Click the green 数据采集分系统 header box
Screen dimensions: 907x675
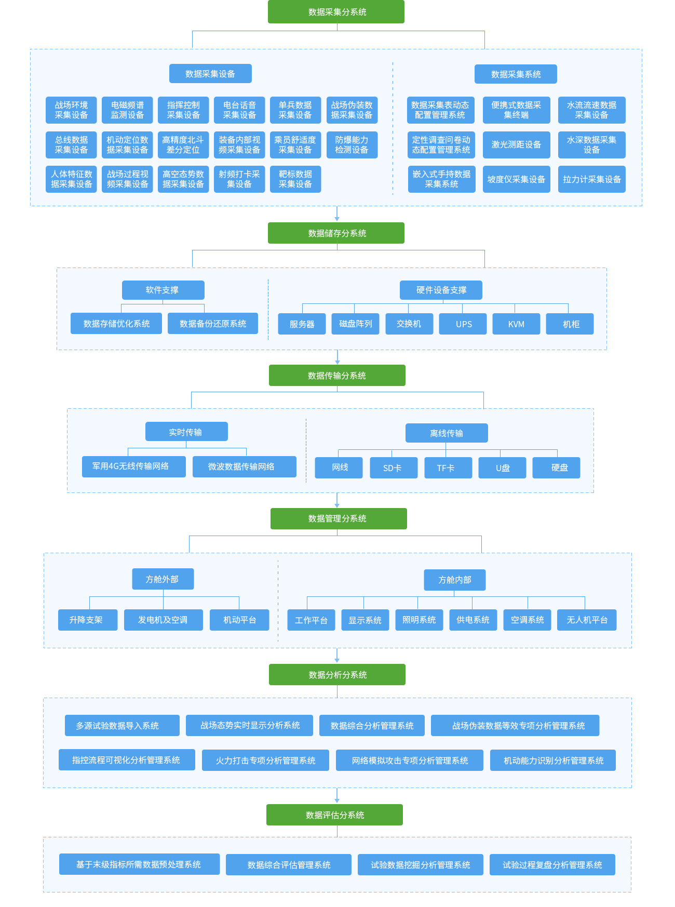click(x=336, y=12)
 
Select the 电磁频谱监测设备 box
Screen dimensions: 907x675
click(x=127, y=110)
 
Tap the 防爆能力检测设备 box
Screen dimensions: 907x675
click(x=352, y=145)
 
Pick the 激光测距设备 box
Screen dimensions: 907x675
click(x=516, y=145)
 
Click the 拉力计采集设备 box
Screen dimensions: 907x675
click(x=591, y=179)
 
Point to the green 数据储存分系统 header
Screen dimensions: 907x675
click(x=336, y=233)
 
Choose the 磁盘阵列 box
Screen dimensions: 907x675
click(x=355, y=324)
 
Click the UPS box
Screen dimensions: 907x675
click(x=463, y=324)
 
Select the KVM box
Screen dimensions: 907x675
click(x=516, y=324)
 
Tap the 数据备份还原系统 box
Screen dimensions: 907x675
click(x=212, y=324)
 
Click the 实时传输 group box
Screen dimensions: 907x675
click(x=186, y=432)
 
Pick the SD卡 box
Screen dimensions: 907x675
click(x=393, y=468)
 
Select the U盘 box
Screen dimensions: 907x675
click(x=502, y=468)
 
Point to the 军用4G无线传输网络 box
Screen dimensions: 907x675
click(x=133, y=466)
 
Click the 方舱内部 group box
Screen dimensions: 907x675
click(x=454, y=580)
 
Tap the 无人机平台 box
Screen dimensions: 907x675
click(x=586, y=620)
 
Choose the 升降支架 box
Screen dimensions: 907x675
click(x=87, y=620)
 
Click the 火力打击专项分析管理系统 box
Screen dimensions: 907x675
click(x=265, y=760)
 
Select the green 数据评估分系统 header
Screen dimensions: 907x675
click(x=334, y=815)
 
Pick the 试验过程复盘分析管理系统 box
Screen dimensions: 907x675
click(x=552, y=864)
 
